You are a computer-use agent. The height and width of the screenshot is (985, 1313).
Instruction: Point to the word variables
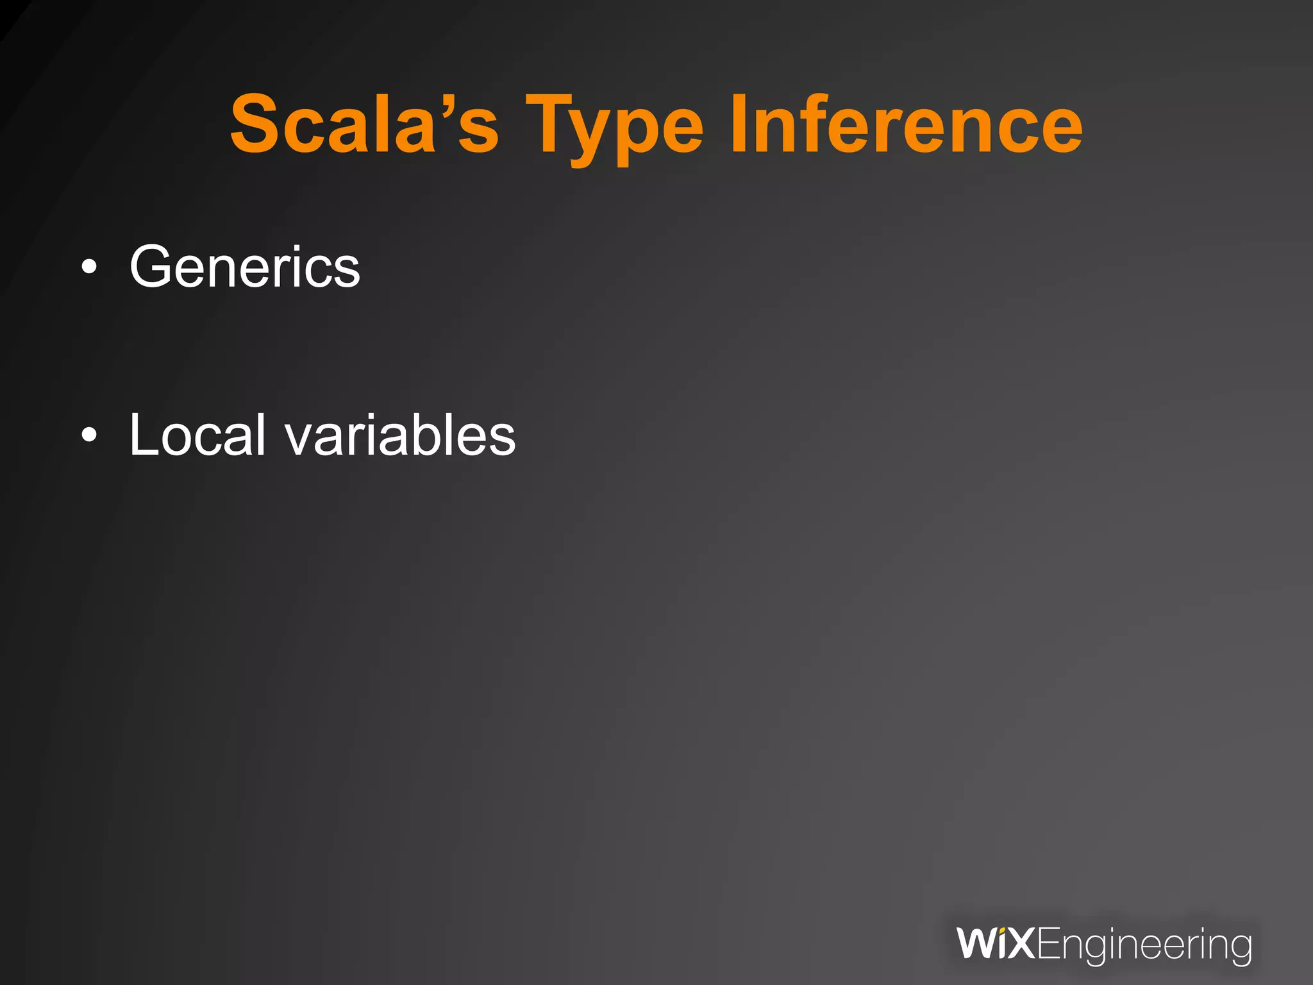(x=400, y=435)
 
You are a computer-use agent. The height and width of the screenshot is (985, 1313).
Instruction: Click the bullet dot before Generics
(x=90, y=268)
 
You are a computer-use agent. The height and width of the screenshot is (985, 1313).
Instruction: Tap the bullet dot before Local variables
(x=90, y=436)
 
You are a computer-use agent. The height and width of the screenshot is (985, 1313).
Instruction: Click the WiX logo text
(x=995, y=944)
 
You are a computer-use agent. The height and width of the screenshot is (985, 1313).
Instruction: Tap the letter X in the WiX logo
(x=1020, y=944)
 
